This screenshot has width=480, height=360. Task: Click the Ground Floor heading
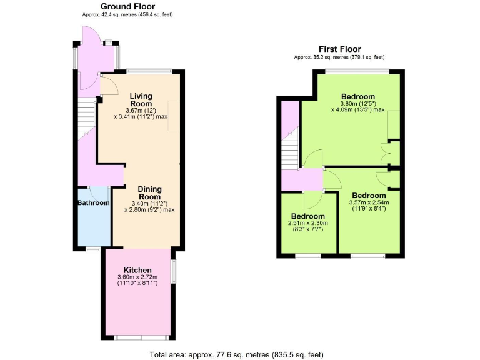tap(128, 7)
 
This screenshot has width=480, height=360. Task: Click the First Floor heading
tap(339, 49)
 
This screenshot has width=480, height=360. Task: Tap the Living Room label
tap(141, 100)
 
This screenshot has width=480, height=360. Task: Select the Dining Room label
tap(149, 193)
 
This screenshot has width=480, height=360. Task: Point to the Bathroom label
tap(94, 203)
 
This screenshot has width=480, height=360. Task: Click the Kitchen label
tap(137, 270)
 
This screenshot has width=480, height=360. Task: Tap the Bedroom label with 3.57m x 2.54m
tap(368, 195)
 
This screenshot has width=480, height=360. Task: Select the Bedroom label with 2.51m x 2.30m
tap(307, 216)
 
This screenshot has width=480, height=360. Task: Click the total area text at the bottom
tap(237, 355)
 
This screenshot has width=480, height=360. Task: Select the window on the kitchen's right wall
tap(174, 271)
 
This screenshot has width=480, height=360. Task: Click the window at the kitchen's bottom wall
tap(134, 337)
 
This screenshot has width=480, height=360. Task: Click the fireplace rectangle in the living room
tap(174, 115)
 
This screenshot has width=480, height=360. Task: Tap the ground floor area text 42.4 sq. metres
tap(127, 14)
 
